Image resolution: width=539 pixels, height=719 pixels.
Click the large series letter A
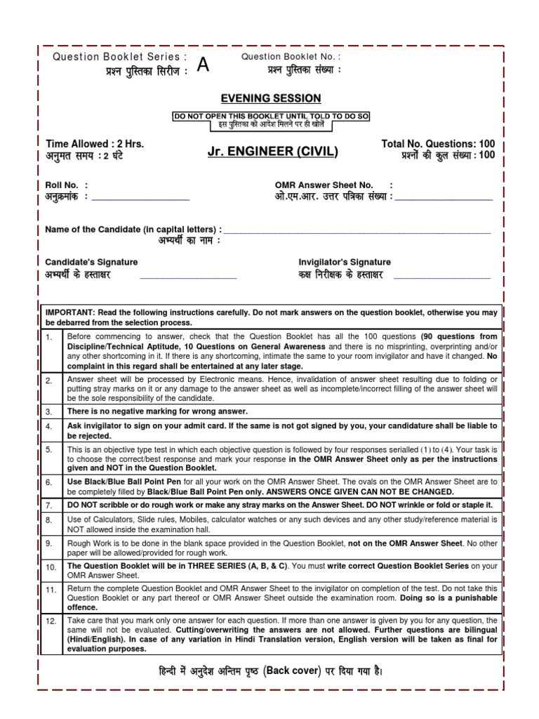click(203, 65)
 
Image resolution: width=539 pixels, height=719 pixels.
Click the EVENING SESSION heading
click(271, 98)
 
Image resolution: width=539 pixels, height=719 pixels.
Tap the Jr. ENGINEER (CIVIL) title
click(272, 152)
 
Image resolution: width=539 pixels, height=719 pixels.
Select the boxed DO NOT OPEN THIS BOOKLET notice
click(271, 119)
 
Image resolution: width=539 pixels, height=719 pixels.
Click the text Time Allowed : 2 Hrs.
click(95, 143)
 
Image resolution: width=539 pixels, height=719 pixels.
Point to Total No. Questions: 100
click(438, 143)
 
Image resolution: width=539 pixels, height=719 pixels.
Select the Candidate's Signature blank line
click(188, 277)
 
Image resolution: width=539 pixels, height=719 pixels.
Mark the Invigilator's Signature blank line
click(442, 277)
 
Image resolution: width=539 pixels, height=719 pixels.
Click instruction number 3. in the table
click(49, 412)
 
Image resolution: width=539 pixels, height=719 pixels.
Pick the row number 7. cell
click(49, 506)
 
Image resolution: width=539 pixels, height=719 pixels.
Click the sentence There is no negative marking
click(157, 411)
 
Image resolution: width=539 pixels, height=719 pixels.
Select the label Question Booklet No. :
click(291, 56)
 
